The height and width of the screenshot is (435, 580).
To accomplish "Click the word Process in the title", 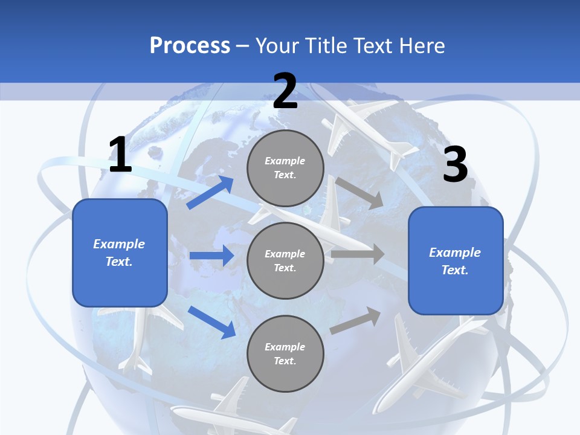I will [x=190, y=45].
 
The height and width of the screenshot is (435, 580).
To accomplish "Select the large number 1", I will [x=120, y=155].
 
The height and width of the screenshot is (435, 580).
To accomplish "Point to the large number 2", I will [x=285, y=91].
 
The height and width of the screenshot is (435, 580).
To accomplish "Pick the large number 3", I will [x=455, y=164].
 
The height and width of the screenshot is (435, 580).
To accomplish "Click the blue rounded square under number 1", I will [x=120, y=253].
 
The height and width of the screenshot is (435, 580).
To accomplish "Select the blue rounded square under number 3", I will [x=456, y=260].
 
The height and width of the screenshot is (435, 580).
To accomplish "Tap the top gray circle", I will [x=285, y=168].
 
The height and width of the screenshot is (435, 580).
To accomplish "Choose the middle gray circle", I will [x=285, y=260].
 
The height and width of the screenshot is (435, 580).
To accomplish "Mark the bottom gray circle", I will [x=285, y=353].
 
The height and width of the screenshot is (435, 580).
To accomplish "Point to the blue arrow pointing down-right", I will [x=211, y=321].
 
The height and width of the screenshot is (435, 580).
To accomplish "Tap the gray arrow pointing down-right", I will [x=359, y=193].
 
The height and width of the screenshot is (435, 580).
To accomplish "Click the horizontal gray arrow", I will [x=357, y=254].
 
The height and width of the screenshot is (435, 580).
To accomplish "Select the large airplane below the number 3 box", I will [x=426, y=362].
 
